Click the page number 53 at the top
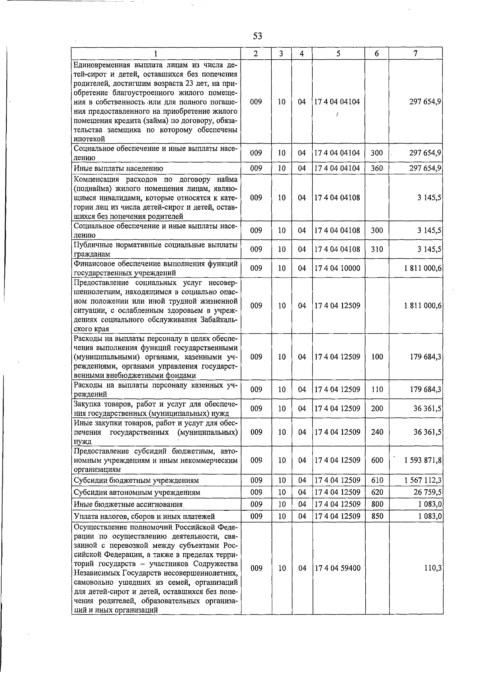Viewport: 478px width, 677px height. pos(257,36)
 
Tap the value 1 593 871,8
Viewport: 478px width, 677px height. pos(422,460)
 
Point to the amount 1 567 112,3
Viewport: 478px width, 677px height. pos(422,481)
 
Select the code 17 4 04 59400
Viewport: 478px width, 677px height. pos(337,568)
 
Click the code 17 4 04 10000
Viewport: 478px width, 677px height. pos(337,268)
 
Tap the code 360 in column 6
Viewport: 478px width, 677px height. pos(376,169)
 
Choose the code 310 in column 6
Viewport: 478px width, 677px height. pos(376,249)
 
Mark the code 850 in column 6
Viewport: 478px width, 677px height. pos(377,516)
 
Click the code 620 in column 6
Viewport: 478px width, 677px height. pos(377,492)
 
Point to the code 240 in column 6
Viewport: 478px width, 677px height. pos(377,432)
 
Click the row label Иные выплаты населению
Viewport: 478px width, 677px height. pos(118,169)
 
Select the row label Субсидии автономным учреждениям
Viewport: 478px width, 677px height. pos(137,492)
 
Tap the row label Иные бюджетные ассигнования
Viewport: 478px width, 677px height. pos(128,504)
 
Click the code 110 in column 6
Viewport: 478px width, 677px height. pos(377,390)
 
